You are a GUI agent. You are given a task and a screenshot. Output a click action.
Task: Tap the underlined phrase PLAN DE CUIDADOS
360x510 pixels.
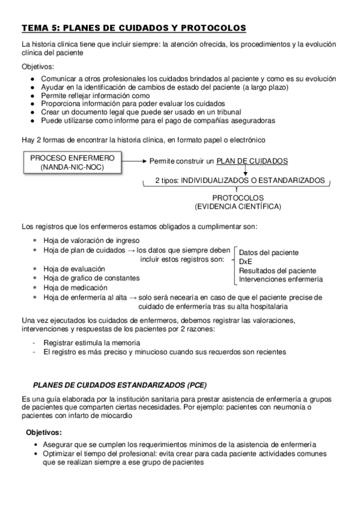[x=252, y=161]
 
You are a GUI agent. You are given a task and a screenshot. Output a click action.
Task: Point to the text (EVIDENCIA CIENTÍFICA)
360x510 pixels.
[x=237, y=207]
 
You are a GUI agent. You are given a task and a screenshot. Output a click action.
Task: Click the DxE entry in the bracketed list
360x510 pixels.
[x=245, y=262]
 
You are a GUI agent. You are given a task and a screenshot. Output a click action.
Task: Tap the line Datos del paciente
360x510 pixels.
[x=269, y=253]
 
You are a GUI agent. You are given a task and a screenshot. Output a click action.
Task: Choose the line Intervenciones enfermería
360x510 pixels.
[x=281, y=279]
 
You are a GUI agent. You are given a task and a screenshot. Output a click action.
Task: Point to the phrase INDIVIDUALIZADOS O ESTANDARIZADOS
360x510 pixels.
[x=253, y=180]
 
